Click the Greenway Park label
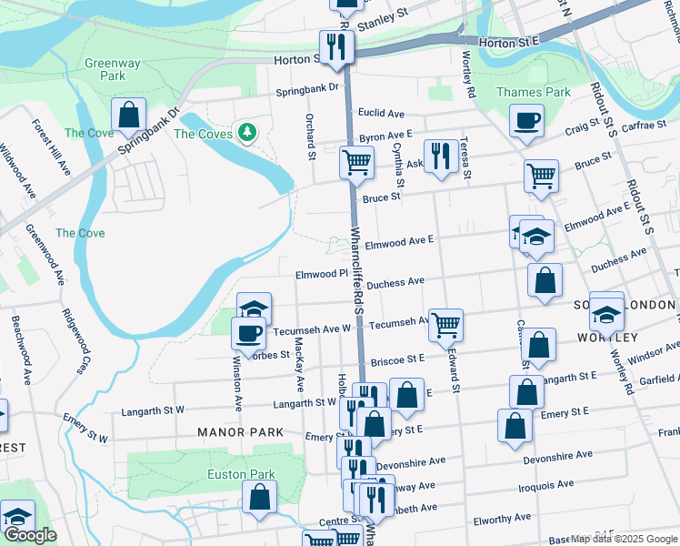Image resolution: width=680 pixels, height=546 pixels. click(x=113, y=70)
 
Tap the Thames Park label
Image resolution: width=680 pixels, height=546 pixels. click(x=533, y=92)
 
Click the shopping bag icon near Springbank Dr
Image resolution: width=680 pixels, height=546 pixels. click(x=129, y=116)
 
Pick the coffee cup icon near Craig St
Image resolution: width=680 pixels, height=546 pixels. click(x=526, y=120)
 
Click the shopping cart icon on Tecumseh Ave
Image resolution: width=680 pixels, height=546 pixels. click(x=445, y=325)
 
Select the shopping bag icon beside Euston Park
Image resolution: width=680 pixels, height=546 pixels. click(x=260, y=497)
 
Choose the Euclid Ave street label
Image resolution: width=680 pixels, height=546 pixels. click(x=382, y=113)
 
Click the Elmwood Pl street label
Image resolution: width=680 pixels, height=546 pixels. click(x=322, y=273)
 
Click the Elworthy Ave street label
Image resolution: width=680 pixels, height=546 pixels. click(x=502, y=518)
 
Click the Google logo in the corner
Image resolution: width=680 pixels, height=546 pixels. click(x=30, y=535)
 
